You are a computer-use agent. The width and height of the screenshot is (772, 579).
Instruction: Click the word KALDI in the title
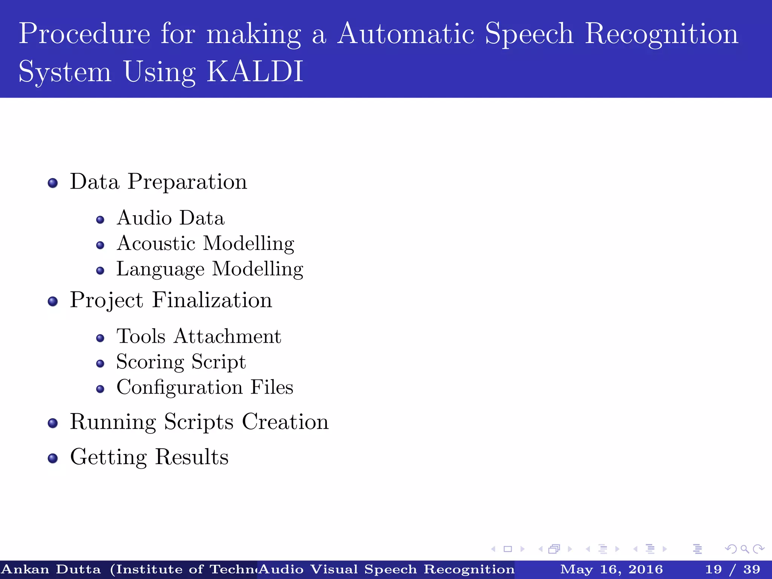255,71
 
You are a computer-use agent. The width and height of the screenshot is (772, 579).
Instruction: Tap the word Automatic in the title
405,34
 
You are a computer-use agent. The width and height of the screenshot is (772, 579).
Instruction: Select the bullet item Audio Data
170,218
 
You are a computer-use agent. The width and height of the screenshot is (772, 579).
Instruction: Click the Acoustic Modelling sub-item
205,244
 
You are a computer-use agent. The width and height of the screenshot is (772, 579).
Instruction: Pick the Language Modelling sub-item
210,269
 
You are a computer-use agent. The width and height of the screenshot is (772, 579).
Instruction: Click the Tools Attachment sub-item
199,336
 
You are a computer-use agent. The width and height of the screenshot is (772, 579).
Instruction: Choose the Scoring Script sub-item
181,362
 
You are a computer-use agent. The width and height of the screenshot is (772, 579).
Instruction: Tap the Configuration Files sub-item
205,387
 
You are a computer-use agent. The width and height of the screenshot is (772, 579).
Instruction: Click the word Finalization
212,300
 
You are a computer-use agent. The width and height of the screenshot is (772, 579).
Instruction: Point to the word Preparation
187,182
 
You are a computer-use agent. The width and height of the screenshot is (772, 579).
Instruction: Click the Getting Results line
149,457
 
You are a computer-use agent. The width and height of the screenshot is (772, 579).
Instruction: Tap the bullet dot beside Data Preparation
53,183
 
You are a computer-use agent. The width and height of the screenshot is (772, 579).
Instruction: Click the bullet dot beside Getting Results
53,458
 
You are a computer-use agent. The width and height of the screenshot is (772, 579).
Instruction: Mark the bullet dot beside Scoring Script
100,363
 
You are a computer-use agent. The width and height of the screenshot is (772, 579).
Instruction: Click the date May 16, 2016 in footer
611,569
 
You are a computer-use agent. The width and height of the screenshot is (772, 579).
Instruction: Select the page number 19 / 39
732,569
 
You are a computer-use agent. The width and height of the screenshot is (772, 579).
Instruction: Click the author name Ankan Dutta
51,569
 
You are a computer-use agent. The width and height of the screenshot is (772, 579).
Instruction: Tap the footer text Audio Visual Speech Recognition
387,569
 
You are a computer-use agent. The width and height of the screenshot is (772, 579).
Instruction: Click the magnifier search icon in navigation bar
744,549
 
